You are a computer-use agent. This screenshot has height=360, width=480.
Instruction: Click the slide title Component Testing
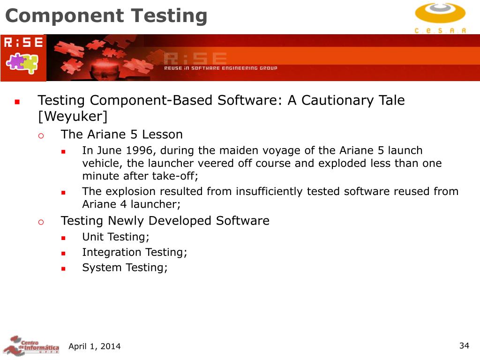tap(106, 16)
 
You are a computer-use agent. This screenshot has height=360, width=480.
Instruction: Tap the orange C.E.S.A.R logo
tap(440, 17)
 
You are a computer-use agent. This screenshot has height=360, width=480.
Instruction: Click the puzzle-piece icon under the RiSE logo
tap(22, 63)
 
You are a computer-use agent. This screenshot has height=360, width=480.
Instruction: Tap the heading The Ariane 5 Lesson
tap(121, 135)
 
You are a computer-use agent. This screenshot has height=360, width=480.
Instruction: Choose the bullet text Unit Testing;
tap(116, 237)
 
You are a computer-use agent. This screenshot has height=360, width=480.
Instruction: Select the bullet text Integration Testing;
tap(135, 252)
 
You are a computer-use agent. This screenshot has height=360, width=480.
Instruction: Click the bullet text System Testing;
tap(125, 268)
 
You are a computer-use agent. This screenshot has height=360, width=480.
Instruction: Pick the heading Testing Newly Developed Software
tap(165, 221)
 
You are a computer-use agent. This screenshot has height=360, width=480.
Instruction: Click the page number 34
tap(464, 346)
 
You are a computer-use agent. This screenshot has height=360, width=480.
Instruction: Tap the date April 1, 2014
tap(94, 346)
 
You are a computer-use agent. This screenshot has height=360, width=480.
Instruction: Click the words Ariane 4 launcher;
tap(131, 204)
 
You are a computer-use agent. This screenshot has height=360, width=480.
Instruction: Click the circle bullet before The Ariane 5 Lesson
tap(41, 135)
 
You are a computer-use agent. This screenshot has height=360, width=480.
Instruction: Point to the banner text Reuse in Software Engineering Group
tap(220, 68)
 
